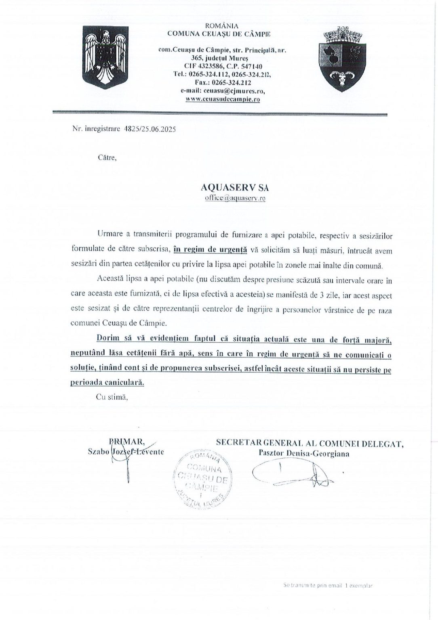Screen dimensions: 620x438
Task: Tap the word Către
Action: click(107, 158)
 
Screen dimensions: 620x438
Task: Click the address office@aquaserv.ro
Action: click(235, 198)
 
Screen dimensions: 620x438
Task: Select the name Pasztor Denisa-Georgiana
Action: click(304, 453)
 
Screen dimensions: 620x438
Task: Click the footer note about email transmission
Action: click(327, 585)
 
